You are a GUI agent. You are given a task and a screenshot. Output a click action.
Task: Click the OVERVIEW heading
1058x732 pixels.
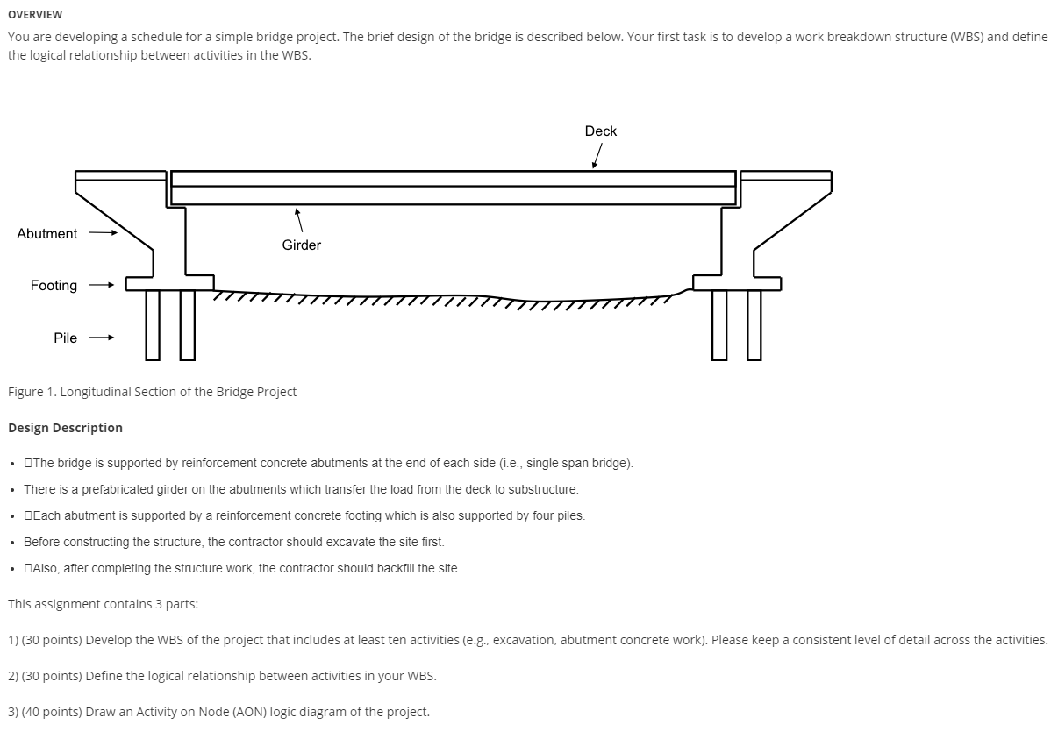point(35,14)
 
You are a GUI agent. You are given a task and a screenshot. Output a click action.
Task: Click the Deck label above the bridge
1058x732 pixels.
point(601,131)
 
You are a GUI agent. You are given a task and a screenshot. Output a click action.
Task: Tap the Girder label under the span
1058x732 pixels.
point(301,245)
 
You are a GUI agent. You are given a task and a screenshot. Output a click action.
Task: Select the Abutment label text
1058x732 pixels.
point(47,234)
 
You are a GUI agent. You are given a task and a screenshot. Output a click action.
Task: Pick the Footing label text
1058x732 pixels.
point(54,286)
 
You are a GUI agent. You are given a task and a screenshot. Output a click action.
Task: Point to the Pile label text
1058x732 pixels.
point(65,338)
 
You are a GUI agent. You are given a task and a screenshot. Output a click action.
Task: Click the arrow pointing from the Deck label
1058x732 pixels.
point(597,156)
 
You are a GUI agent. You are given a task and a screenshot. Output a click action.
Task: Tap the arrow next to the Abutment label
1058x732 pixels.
point(102,234)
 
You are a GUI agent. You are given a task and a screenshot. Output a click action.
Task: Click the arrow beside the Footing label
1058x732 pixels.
point(102,286)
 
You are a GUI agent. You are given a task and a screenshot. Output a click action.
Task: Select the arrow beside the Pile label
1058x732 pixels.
point(102,338)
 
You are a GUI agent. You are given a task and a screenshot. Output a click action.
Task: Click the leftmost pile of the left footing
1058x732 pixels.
point(153,324)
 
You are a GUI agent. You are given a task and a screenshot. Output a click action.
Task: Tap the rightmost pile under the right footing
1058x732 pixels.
point(754,324)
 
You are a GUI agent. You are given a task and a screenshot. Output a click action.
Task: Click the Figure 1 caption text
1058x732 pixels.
point(152,392)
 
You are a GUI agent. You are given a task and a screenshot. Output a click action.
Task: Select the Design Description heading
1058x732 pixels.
point(65,428)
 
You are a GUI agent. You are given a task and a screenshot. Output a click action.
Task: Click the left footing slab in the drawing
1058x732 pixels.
point(169,283)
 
